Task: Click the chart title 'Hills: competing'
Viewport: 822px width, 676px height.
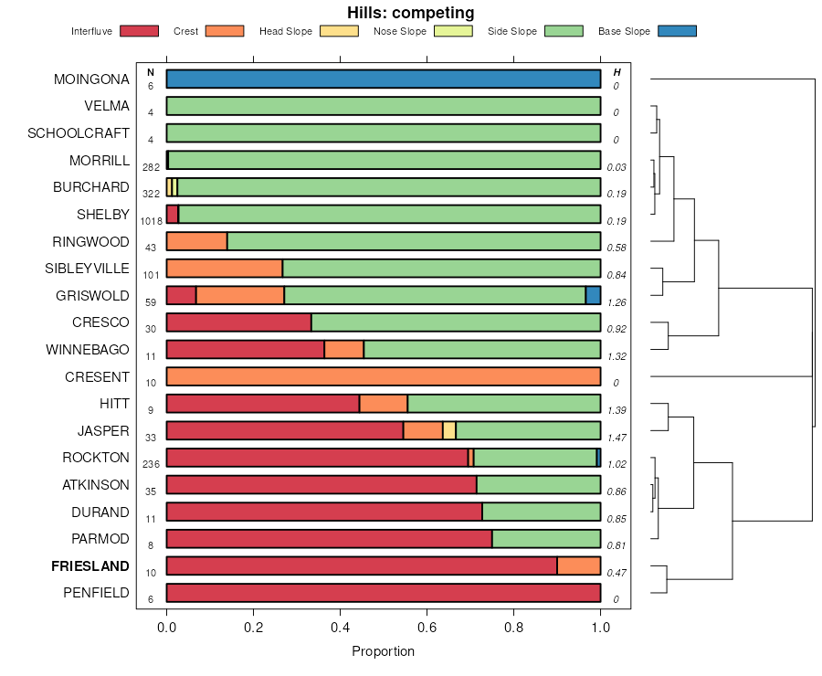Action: pyautogui.click(x=410, y=13)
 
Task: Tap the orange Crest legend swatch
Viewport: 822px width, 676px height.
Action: pyautogui.click(x=225, y=31)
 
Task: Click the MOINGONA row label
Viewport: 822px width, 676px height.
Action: pyautogui.click(x=91, y=79)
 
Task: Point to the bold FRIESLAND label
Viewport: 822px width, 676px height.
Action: pyautogui.click(x=90, y=566)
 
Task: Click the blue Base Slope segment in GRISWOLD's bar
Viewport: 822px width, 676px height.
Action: pyautogui.click(x=593, y=295)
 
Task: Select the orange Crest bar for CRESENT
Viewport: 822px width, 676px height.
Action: pyautogui.click(x=384, y=376)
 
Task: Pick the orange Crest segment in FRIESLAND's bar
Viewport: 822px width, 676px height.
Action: pyautogui.click(x=578, y=566)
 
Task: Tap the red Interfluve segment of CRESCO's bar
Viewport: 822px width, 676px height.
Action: pyautogui.click(x=238, y=322)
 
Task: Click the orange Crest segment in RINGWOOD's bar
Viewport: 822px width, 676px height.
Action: pyautogui.click(x=196, y=241)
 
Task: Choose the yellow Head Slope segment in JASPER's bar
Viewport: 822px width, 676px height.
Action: pyautogui.click(x=449, y=430)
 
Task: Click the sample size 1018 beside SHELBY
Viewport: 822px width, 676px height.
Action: pyautogui.click(x=152, y=221)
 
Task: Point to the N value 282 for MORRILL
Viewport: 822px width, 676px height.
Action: pyautogui.click(x=152, y=167)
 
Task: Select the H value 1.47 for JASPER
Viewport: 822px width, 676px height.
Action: pyautogui.click(x=617, y=439)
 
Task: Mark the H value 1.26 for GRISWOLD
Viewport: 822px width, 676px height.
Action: pyautogui.click(x=617, y=302)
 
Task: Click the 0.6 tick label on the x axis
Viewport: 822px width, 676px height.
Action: pyautogui.click(x=427, y=628)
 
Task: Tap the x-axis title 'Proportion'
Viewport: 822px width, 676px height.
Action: pyautogui.click(x=383, y=651)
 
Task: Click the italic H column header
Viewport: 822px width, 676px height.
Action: pyautogui.click(x=617, y=72)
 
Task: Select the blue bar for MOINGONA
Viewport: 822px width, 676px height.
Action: pyautogui.click(x=384, y=79)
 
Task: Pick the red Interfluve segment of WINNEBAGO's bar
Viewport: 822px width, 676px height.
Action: pyautogui.click(x=245, y=349)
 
